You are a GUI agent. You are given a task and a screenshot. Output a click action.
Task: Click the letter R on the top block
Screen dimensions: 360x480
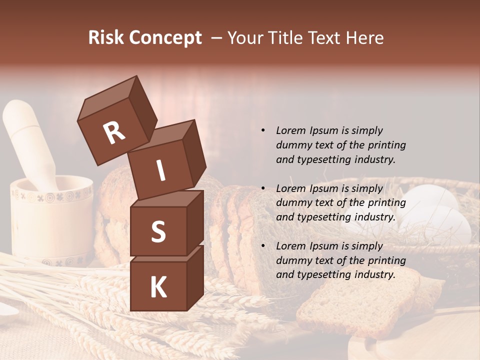114,133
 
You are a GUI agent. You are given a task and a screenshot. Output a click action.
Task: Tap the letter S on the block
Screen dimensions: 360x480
158,231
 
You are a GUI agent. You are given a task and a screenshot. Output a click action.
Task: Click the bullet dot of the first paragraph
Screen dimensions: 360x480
263,131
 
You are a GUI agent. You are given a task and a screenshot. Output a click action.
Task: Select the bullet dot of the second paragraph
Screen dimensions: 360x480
263,188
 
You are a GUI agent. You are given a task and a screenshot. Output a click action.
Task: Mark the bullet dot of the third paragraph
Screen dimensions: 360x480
263,246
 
